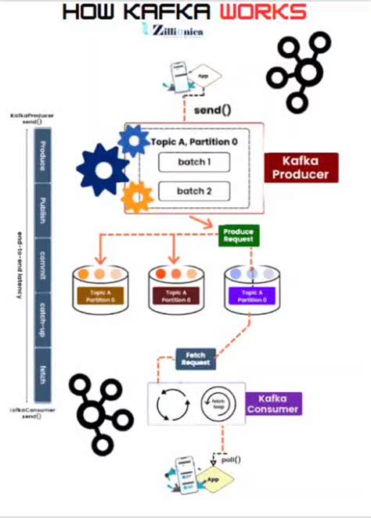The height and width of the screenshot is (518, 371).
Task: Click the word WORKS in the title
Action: [x=263, y=12]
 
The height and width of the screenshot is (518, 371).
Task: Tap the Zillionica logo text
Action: [x=176, y=31]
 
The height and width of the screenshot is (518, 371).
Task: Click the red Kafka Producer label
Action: [x=299, y=167]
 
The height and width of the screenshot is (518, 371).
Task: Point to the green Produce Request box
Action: [x=239, y=236]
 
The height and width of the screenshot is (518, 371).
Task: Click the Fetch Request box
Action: [x=195, y=359]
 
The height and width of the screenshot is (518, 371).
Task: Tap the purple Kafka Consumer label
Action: [x=274, y=403]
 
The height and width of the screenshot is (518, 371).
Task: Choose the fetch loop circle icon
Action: [x=217, y=405]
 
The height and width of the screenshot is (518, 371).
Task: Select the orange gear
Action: [x=139, y=197]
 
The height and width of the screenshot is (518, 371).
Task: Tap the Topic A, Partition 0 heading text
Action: [x=194, y=141]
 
